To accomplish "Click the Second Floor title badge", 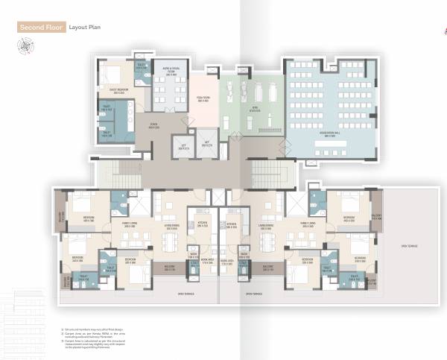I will (x=41, y=28).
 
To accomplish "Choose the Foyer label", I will (x=153, y=127).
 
